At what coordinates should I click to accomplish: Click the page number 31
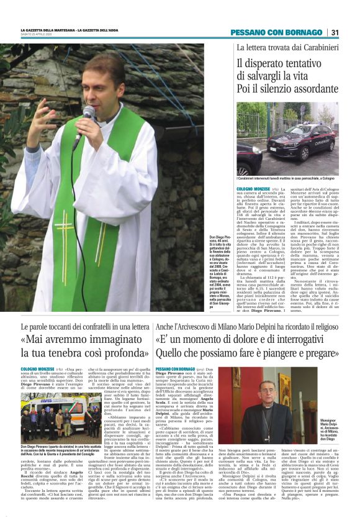coord(335,32)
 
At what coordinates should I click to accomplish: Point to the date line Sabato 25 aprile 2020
coord(34,35)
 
